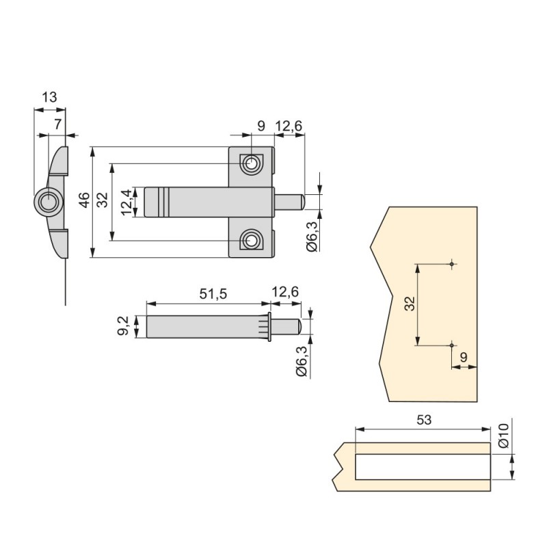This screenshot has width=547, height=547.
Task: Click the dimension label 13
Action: (49, 97)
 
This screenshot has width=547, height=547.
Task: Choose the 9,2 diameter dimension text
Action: (124, 325)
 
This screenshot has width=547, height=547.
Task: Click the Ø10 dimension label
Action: (504, 436)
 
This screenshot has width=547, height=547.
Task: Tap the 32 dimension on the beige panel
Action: (409, 304)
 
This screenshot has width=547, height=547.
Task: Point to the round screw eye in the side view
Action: (48, 202)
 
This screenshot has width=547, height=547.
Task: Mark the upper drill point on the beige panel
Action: (452, 264)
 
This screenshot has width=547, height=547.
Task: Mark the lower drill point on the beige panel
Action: (452, 345)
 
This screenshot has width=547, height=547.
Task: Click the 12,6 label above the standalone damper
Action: (285, 293)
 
